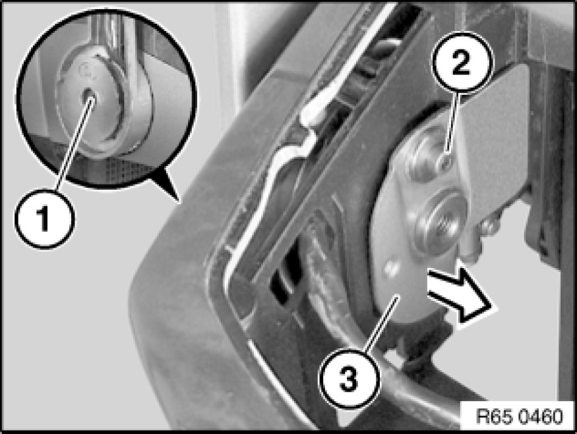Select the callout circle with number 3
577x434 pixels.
click(x=349, y=379)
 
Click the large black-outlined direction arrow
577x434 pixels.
click(x=460, y=296)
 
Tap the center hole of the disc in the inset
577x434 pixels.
click(x=89, y=96)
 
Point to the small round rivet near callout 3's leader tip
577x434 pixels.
click(x=391, y=268)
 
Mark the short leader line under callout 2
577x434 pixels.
click(x=452, y=123)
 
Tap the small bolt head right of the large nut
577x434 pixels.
click(x=489, y=227)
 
